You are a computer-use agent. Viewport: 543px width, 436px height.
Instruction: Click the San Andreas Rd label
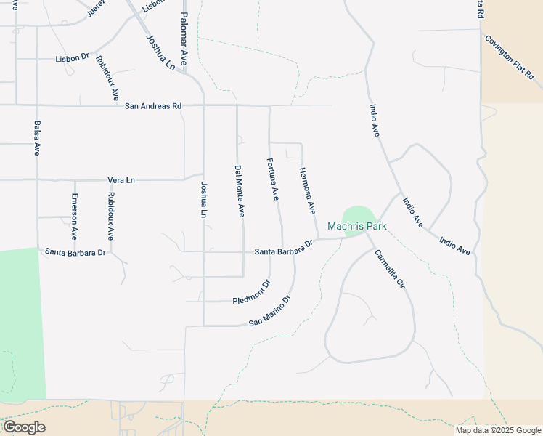tap(152, 106)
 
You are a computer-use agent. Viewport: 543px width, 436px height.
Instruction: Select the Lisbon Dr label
tap(71, 58)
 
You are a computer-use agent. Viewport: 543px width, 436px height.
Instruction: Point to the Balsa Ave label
tap(37, 138)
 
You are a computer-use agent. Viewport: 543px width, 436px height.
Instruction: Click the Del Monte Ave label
tap(239, 191)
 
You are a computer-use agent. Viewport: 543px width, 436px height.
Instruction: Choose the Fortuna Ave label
tap(273, 179)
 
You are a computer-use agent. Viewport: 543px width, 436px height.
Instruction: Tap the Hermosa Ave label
tap(307, 191)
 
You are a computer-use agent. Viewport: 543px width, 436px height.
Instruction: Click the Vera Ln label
tap(121, 179)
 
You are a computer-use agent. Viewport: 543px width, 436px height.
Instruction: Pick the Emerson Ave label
tap(74, 217)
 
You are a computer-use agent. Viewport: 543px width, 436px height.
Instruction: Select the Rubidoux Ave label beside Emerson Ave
tap(110, 217)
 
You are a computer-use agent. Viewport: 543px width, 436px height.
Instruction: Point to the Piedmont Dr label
tap(251, 291)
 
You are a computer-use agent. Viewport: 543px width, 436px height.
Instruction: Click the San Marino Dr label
tap(269, 311)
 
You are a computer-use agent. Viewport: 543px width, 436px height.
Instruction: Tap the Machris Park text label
tap(356, 227)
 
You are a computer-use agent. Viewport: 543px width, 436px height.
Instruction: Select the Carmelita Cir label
tap(388, 270)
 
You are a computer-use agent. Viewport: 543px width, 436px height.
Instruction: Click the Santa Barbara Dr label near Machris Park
tap(283, 248)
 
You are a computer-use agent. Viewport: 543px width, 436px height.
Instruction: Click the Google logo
tap(24, 427)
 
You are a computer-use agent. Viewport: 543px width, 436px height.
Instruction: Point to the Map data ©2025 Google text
tap(497, 430)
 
